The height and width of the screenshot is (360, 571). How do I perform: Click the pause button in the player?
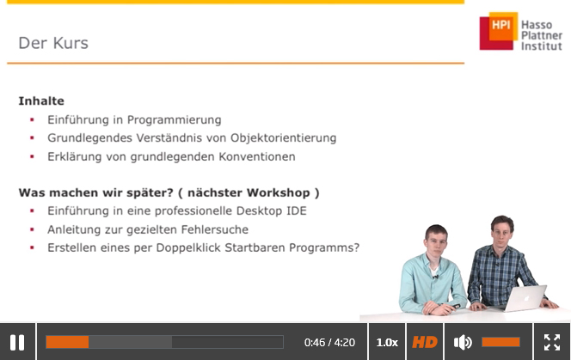[x=17, y=342]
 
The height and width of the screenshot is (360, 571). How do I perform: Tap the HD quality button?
[x=425, y=342]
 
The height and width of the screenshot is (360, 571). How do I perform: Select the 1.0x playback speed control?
[x=387, y=343]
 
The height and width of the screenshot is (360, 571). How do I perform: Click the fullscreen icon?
[x=552, y=342]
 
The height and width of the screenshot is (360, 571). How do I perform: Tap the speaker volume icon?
[x=463, y=342]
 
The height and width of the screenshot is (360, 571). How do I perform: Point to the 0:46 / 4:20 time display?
[x=329, y=343]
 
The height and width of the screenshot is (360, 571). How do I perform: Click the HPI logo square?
[x=499, y=31]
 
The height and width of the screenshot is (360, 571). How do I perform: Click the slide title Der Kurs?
[x=53, y=43]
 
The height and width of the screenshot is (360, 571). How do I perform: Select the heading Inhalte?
[x=41, y=101]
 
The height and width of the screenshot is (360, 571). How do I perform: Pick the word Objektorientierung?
[x=283, y=138]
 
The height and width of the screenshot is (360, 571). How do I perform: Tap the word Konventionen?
[x=257, y=156]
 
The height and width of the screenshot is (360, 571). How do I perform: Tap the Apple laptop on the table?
[x=522, y=298]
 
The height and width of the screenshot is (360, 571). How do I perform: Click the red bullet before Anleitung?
[x=32, y=229]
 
